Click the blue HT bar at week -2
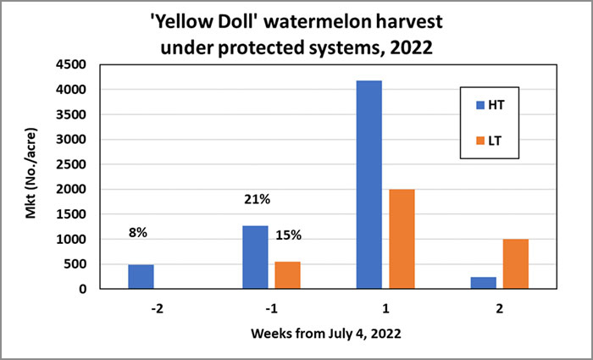141,276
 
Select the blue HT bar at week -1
255,257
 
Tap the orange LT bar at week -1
287,274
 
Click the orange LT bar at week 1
402,239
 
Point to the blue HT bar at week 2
483,283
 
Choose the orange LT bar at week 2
515,263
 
